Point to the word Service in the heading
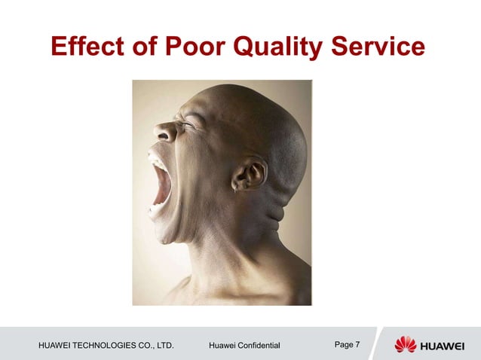[x=383, y=47]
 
